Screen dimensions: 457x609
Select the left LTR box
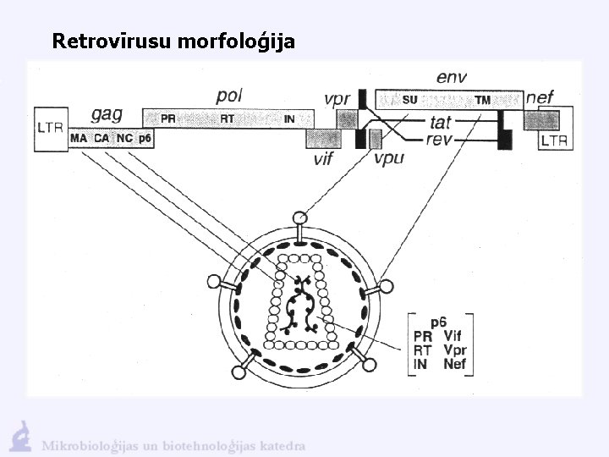coord(50,129)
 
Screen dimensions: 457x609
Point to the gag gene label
coord(107,114)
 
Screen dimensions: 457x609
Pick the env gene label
coord(453,78)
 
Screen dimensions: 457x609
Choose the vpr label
coord(337,98)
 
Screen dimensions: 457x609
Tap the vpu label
coord(388,158)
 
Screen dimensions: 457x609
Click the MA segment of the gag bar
coord(80,138)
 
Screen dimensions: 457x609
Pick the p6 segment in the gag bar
coord(145,138)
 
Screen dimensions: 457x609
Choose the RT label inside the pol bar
coord(227,119)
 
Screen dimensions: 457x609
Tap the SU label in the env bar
coord(409,100)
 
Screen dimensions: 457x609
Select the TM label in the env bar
coord(482,100)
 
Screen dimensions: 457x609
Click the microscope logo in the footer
coord(19,436)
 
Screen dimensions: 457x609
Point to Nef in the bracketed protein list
coord(454,365)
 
